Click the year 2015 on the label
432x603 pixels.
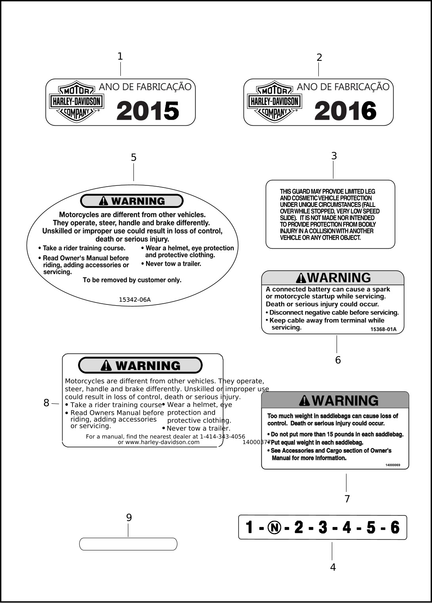(x=148, y=111)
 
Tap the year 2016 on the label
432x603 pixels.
(x=345, y=111)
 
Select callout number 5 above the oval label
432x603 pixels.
(x=134, y=158)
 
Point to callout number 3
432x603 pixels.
(x=334, y=156)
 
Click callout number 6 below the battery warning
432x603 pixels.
(x=338, y=360)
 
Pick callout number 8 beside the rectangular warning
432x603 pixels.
(x=46, y=403)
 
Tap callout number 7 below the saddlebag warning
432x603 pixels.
(x=347, y=499)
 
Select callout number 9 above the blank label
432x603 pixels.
(x=129, y=518)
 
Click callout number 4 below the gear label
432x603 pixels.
(x=333, y=567)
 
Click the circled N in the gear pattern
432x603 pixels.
(x=274, y=527)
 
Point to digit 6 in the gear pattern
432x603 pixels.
(x=395, y=527)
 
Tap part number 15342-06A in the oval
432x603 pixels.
(x=135, y=300)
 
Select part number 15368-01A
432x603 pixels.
(x=383, y=329)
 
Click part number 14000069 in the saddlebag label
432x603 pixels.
(x=393, y=465)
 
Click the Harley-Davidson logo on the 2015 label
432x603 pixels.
(x=76, y=102)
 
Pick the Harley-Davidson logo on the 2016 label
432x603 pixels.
(x=274, y=102)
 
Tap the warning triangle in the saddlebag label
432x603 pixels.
(x=304, y=401)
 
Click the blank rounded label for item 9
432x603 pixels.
(x=128, y=544)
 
